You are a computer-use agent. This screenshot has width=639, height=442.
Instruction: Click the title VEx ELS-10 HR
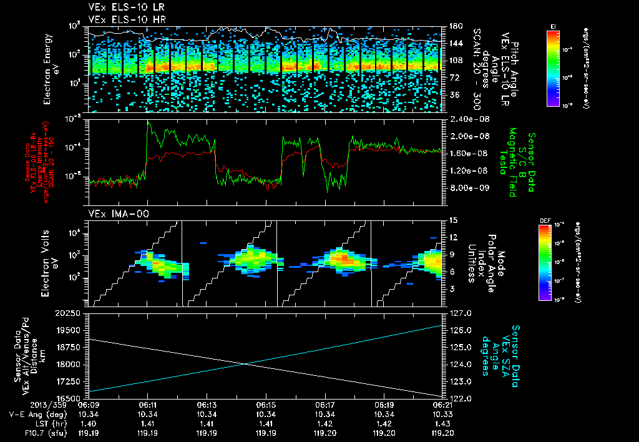click(122, 19)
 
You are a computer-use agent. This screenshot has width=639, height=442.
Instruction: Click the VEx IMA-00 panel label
click(114, 214)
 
